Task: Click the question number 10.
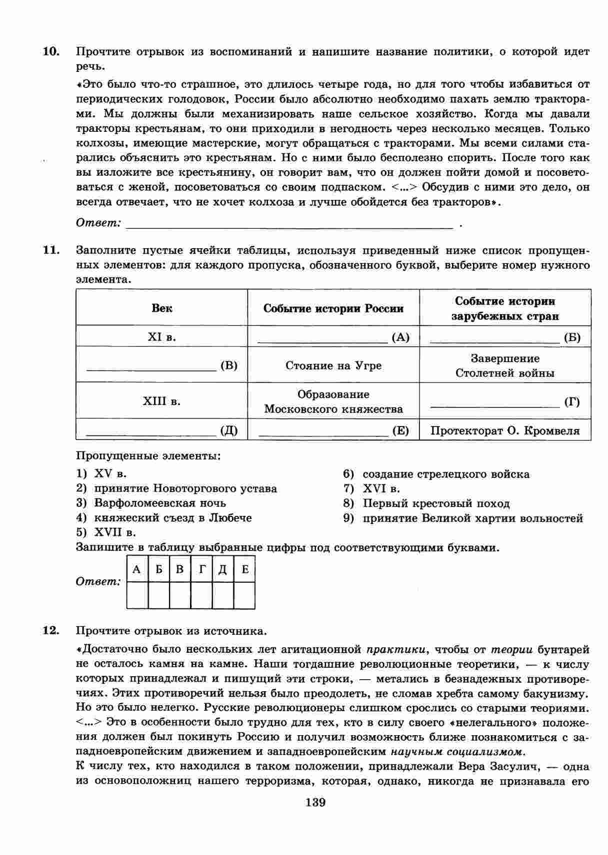pos(51,51)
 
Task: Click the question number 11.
pos(51,250)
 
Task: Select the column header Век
pos(161,308)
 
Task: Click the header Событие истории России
pos(333,309)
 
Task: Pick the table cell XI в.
pos(161,337)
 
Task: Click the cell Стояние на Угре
pos(333,366)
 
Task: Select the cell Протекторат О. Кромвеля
pos(505,431)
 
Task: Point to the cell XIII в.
pos(161,402)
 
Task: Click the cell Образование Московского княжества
pos(333,402)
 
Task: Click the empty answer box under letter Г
pos(201,595)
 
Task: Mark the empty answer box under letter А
pos(137,595)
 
